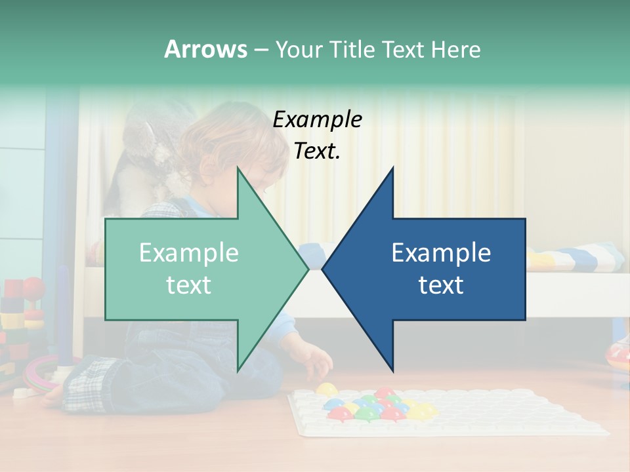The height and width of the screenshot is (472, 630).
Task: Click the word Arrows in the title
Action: [205, 49]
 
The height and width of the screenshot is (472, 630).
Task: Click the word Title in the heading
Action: [352, 50]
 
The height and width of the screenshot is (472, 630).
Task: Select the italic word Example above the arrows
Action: [317, 120]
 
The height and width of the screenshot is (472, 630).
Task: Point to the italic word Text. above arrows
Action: [317, 151]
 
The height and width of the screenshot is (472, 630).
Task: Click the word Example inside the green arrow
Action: [188, 252]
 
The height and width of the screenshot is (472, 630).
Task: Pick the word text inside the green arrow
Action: [188, 285]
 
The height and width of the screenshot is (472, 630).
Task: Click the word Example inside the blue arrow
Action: [441, 252]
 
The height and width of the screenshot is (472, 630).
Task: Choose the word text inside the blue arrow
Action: [441, 285]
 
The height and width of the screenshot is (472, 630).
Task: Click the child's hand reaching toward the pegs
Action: [320, 361]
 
